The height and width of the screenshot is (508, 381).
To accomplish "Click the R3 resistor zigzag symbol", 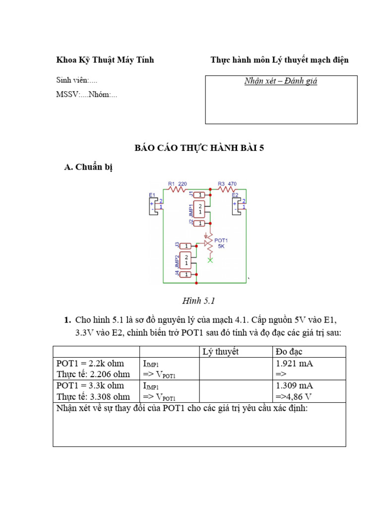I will point(226,189).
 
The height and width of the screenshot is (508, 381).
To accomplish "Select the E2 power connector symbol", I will point(239,204).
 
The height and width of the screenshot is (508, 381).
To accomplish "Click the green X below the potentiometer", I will point(210,260).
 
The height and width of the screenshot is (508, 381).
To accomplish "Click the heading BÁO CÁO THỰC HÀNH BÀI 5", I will point(199,148).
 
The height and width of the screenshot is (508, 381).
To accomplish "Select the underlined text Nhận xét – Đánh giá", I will point(281,81).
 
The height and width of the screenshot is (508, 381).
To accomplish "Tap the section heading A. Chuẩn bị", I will point(89,167).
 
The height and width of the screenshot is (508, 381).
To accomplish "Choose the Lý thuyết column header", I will point(221,352).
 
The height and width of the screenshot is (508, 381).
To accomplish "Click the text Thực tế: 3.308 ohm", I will point(93,396).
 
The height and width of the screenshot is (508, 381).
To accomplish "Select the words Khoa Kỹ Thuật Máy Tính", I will point(105,60).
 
